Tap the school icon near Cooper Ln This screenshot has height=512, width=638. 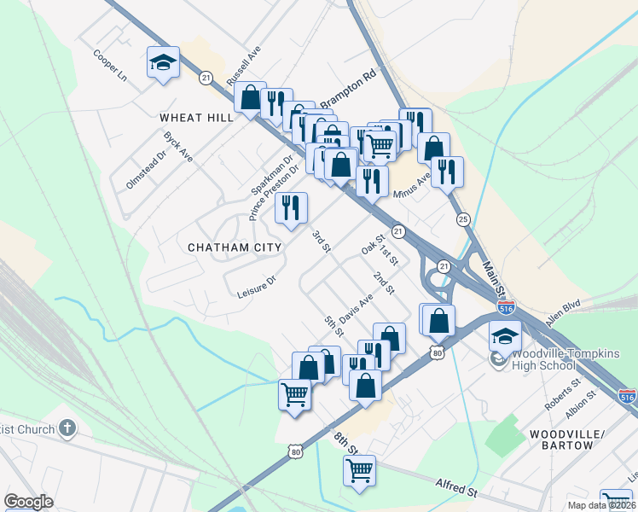pyautogui.click(x=163, y=62)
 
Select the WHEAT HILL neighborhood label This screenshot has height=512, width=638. pyautogui.click(x=195, y=117)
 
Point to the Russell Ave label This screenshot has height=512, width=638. pyautogui.click(x=242, y=66)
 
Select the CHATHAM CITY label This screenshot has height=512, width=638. pyautogui.click(x=235, y=247)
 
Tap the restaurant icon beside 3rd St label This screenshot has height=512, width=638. pyautogui.click(x=291, y=207)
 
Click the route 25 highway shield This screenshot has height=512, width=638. pyautogui.click(x=463, y=219)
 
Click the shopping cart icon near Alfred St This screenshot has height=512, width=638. pyautogui.click(x=359, y=470)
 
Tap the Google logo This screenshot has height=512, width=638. pyautogui.click(x=29, y=502)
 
